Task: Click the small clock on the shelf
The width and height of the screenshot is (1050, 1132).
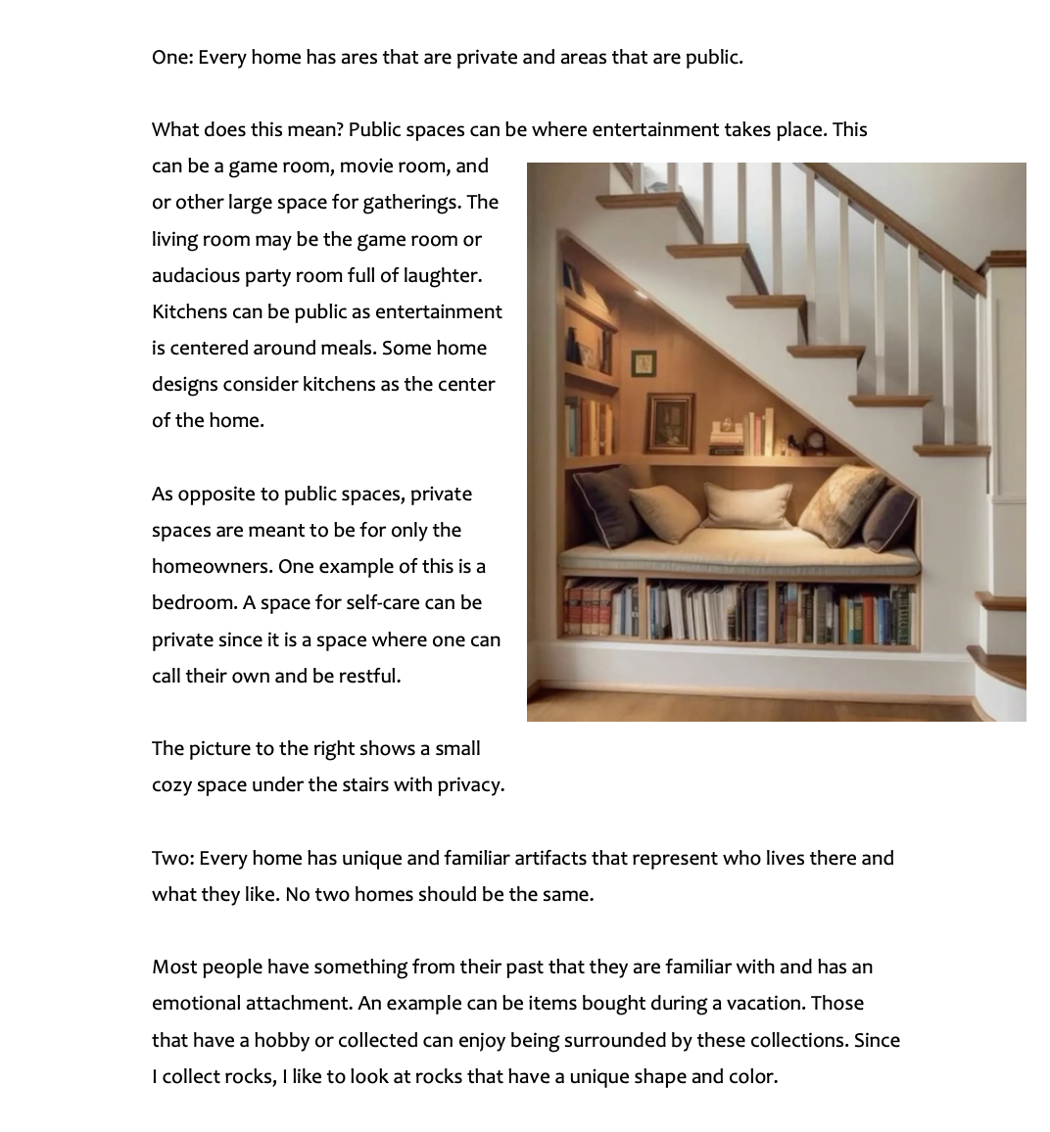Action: [814, 443]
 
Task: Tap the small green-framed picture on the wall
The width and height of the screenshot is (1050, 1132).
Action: [644, 363]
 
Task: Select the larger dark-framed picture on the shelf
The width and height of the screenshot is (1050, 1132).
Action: [671, 422]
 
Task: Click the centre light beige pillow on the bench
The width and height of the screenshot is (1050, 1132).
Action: [746, 504]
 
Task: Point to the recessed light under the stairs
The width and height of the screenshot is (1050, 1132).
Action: [642, 293]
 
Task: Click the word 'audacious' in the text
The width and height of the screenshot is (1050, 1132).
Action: [195, 275]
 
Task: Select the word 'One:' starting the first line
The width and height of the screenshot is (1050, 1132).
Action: [172, 57]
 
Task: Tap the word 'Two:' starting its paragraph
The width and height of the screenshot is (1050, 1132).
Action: [172, 858]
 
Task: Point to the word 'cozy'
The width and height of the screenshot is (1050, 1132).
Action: [171, 784]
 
